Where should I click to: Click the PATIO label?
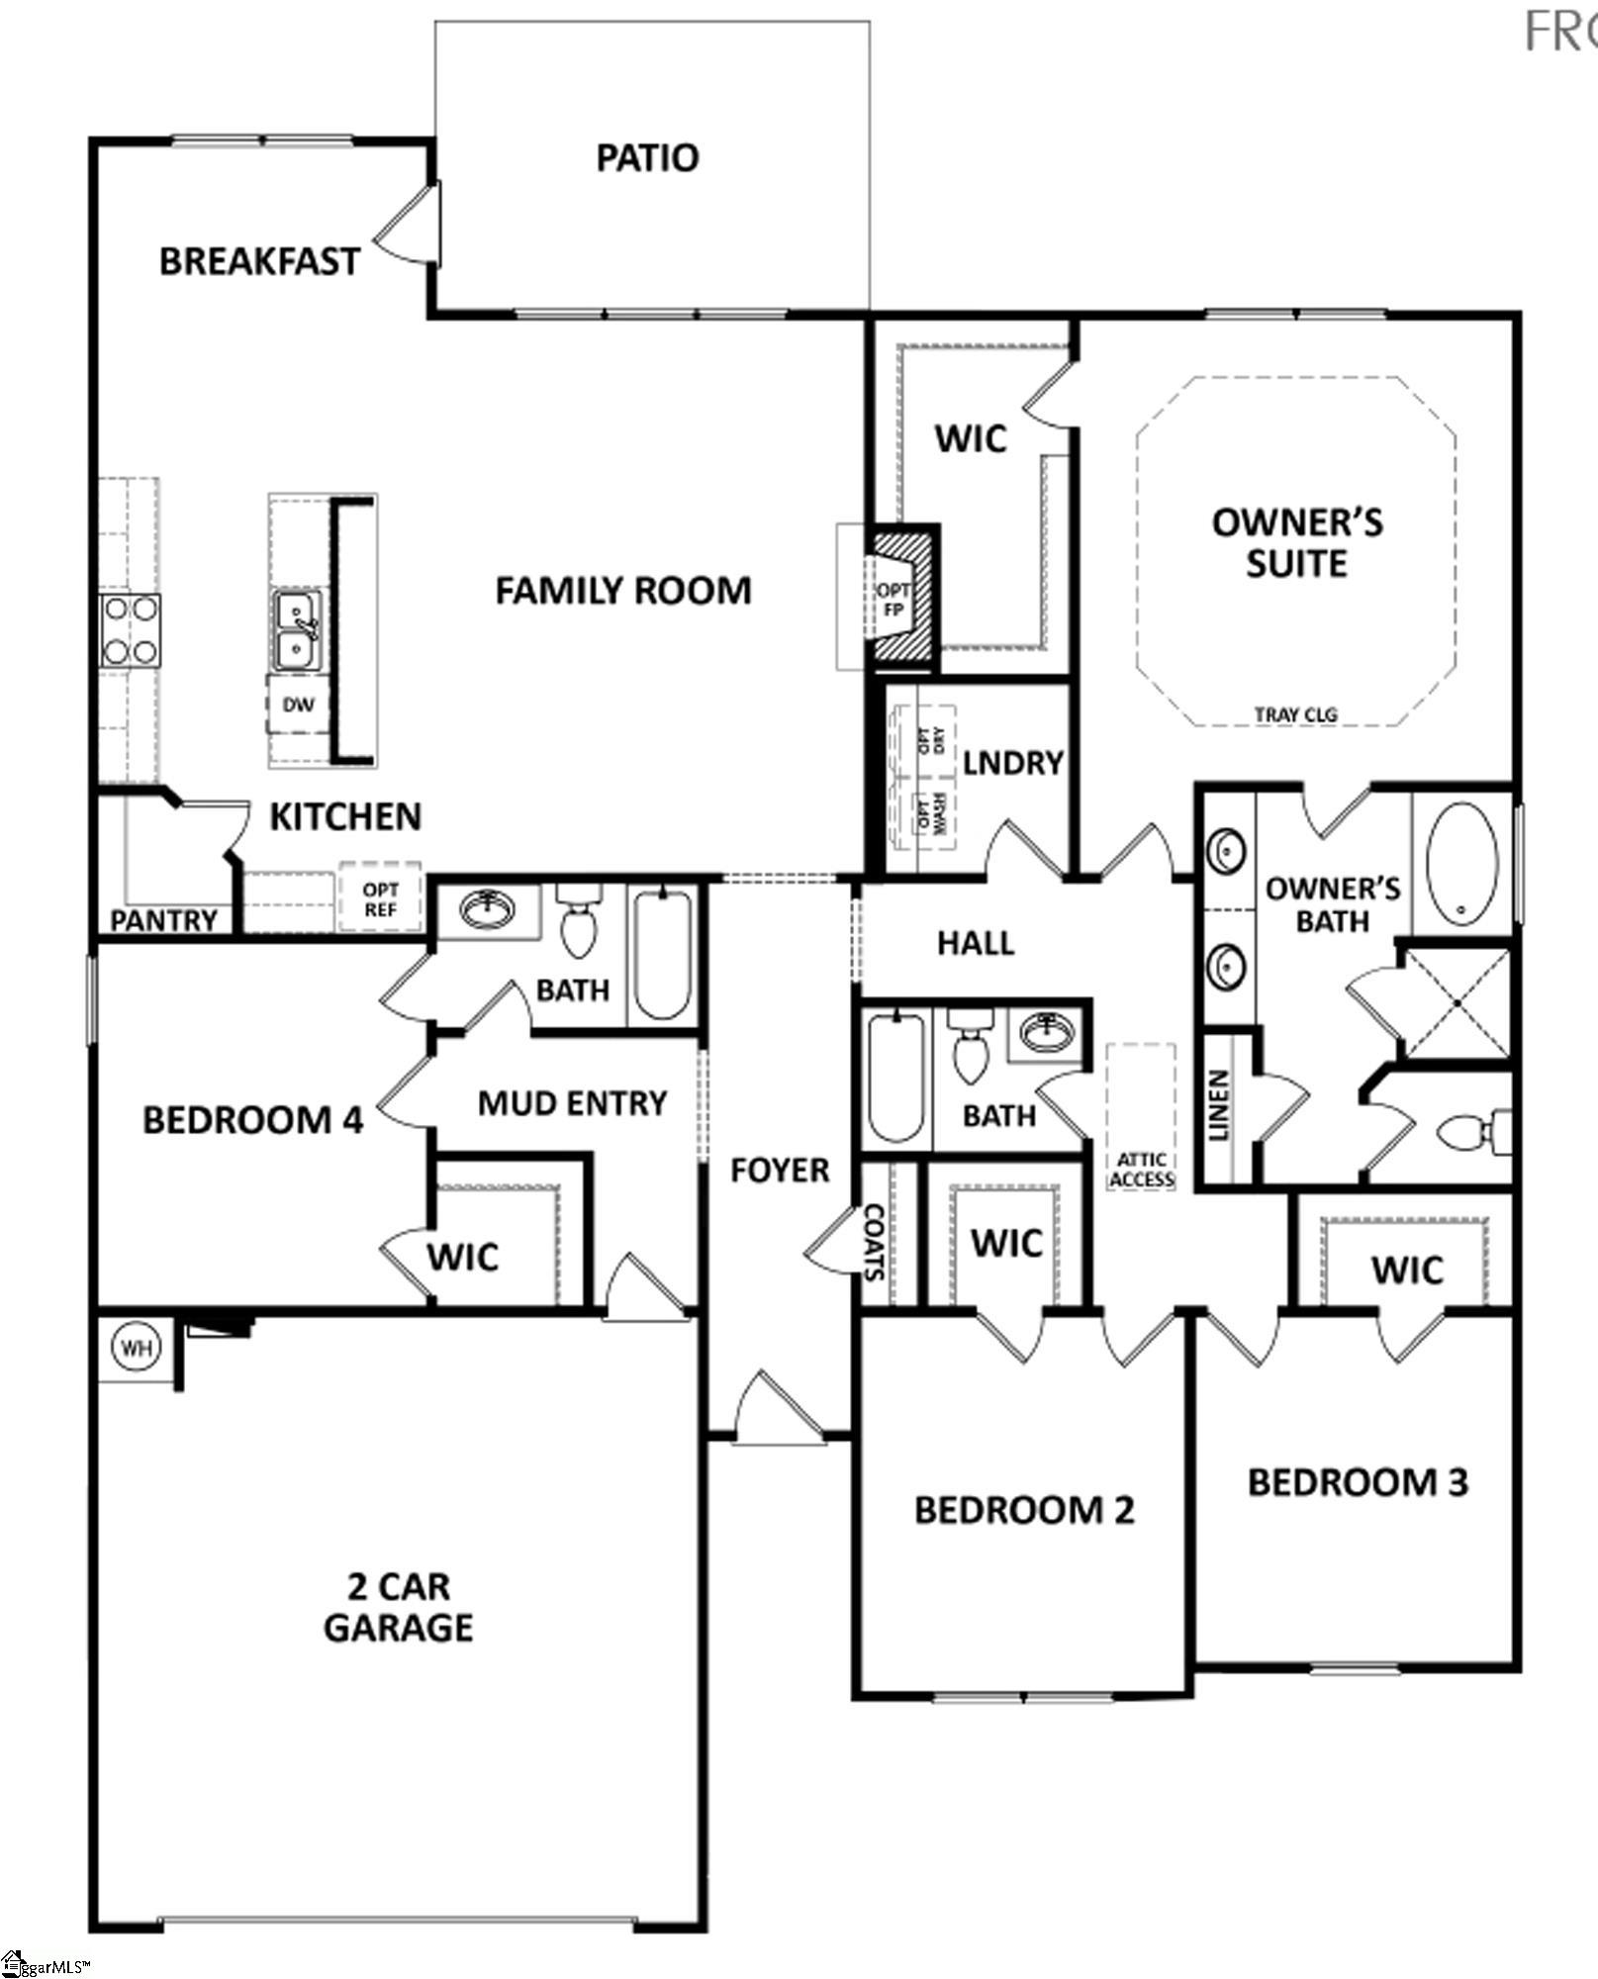[x=647, y=158]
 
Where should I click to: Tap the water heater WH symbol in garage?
[x=137, y=1347]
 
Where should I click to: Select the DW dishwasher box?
[x=298, y=705]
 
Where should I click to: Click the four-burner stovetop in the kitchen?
[x=131, y=629]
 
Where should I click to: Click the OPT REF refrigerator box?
[x=380, y=899]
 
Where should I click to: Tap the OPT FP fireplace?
[x=894, y=600]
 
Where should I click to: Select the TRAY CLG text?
[x=1295, y=713]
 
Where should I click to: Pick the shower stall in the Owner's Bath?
[x=1457, y=1003]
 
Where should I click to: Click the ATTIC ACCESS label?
[x=1142, y=1170]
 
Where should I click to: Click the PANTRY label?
[x=163, y=920]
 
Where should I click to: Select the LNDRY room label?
[x=1012, y=763]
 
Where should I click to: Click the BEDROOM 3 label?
[x=1358, y=1481]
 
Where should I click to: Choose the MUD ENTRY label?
[x=572, y=1102]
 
